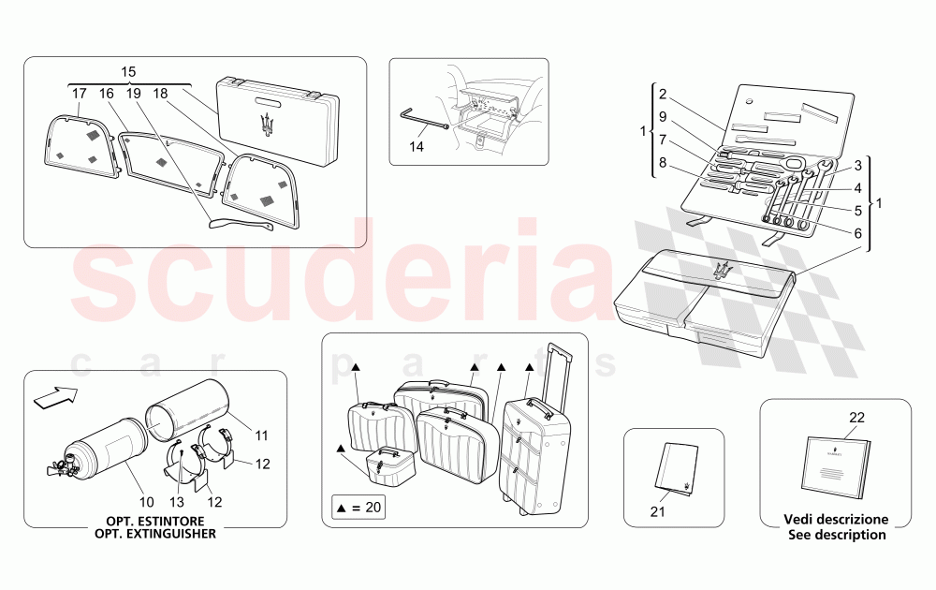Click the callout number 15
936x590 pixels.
click(128, 72)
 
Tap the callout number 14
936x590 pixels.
click(417, 146)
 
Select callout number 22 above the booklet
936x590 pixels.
click(856, 418)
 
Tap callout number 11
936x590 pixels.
click(261, 435)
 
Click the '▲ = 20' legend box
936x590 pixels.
click(357, 508)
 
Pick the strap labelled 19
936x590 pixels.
click(241, 223)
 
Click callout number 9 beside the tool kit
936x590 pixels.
click(662, 119)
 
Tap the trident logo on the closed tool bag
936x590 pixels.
click(721, 269)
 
